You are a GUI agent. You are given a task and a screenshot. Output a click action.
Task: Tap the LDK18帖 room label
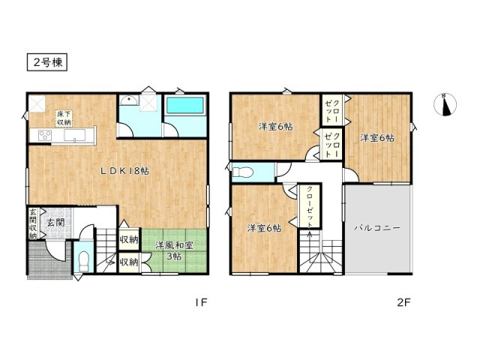[x=125, y=171]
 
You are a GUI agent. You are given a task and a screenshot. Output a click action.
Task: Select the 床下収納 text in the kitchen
[x=63, y=118]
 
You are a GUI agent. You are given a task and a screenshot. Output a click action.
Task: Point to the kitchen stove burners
[x=43, y=136]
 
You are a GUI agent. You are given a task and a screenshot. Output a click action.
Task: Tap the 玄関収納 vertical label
[x=33, y=223]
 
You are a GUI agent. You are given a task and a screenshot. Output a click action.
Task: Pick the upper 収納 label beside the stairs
[x=129, y=240]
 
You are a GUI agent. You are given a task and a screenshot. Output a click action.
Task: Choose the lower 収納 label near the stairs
[x=129, y=262]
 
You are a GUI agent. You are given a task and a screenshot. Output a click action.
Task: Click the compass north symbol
[x=446, y=104]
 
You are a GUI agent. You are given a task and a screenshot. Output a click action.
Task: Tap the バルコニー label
[x=377, y=226]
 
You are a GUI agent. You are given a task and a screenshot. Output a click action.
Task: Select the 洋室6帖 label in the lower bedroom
[x=263, y=228]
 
